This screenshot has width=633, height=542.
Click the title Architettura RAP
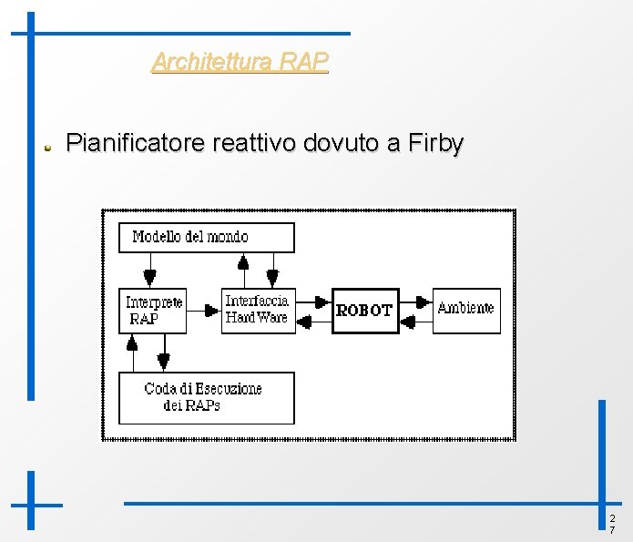[240, 62]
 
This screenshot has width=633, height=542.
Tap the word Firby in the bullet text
[436, 144]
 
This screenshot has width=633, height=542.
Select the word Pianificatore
[136, 144]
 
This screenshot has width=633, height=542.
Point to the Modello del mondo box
[207, 237]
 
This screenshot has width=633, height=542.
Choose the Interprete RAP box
[153, 311]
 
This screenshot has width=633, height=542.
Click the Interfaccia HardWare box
[258, 310]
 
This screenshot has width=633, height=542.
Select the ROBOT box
[365, 310]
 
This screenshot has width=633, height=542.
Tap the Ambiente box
[465, 310]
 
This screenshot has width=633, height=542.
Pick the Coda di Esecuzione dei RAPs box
[206, 397]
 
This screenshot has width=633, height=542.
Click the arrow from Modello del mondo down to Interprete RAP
[150, 271]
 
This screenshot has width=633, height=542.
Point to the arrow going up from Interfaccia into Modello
[243, 270]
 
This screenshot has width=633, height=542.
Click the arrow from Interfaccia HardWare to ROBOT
[314, 302]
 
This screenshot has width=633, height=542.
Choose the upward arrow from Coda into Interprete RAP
[133, 352]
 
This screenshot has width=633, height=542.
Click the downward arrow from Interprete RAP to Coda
[163, 352]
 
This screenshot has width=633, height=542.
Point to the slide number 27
[612, 524]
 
